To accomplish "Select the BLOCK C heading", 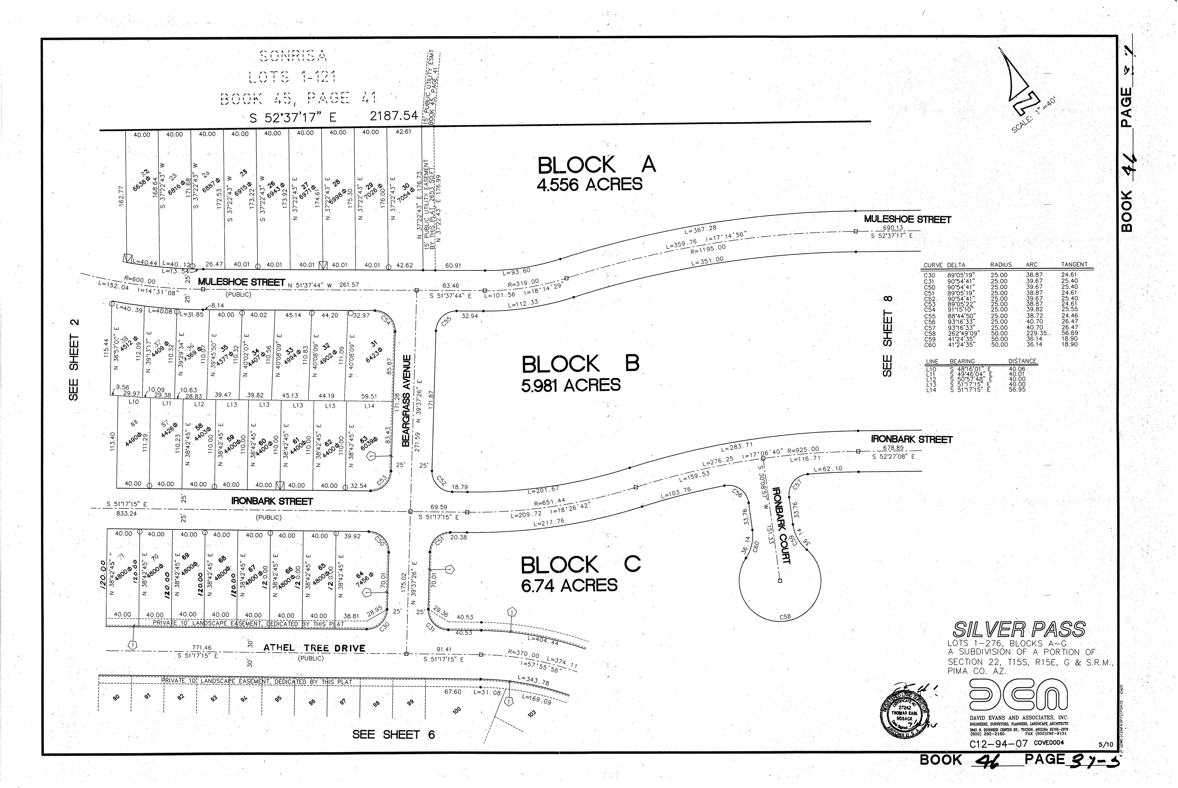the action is (580, 565).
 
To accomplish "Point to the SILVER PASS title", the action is (1019, 629).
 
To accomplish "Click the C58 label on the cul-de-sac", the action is (785, 617).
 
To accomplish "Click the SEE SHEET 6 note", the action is (393, 734).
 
